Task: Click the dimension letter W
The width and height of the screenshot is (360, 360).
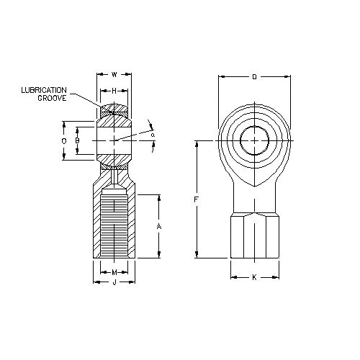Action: (114, 74)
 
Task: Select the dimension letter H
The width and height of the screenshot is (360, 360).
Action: (114, 90)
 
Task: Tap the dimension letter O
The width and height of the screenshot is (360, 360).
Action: (64, 141)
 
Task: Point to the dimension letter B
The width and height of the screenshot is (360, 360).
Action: (78, 140)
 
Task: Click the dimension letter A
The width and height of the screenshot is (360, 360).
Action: (158, 226)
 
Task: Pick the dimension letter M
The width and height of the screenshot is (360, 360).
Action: (114, 272)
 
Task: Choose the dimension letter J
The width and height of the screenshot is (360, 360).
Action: (114, 283)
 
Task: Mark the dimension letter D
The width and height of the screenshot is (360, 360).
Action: (254, 76)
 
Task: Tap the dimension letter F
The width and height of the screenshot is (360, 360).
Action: (197, 199)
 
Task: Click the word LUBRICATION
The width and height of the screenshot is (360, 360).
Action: (47, 90)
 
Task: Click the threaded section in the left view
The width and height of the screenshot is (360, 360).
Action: (114, 223)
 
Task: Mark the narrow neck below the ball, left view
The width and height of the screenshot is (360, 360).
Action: (114, 175)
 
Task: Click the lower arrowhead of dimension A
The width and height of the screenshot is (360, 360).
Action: (158, 255)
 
